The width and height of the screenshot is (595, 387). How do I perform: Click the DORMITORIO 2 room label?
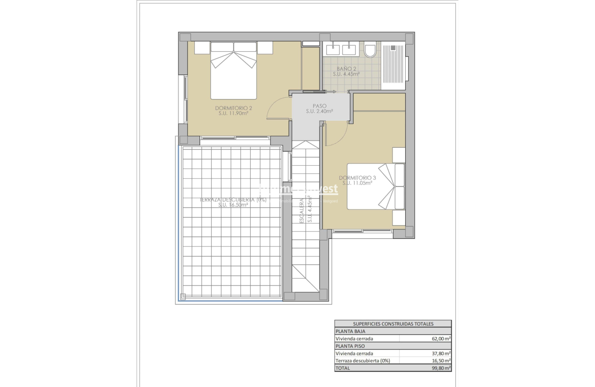pos(233,108)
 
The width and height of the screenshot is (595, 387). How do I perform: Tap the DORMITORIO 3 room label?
pos(357,178)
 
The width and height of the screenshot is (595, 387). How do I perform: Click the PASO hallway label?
pos(320,106)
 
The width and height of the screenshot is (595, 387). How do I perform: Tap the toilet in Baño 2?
pos(370,50)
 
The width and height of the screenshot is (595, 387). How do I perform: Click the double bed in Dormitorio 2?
pos(233,70)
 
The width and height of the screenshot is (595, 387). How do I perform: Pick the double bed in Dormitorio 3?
pos(376,187)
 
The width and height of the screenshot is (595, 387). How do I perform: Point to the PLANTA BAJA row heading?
pos(350,331)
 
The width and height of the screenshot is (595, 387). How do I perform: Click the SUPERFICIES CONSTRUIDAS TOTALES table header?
pos(393,323)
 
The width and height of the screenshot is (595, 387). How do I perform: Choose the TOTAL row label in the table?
pos(343,368)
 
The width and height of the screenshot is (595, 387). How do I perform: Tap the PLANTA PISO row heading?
pos(350,346)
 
